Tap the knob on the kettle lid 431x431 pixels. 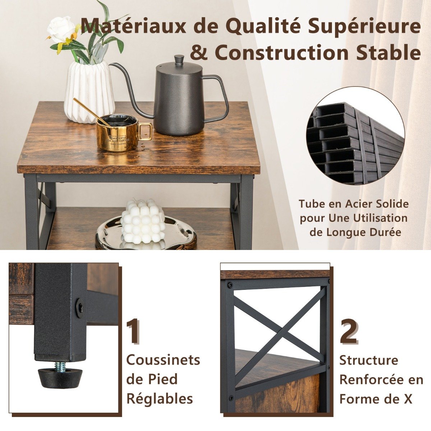tap(179, 60)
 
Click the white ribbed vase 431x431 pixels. tap(89, 92)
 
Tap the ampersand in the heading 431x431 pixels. tap(200, 52)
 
